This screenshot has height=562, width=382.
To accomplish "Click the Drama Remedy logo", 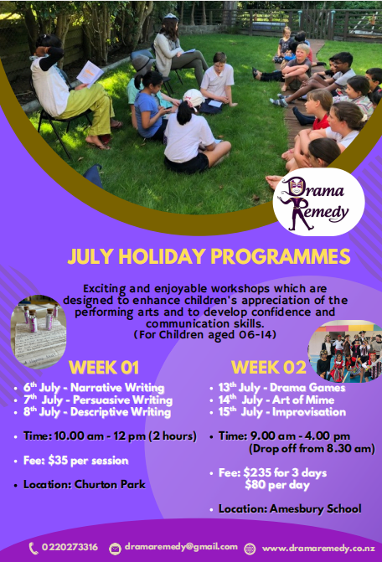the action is (x=318, y=202).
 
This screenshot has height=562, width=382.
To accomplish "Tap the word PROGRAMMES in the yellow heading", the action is (x=281, y=256).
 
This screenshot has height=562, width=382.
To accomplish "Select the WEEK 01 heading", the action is (x=104, y=368).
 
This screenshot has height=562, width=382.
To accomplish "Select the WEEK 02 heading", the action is (x=269, y=368).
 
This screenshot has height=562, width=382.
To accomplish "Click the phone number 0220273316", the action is (x=70, y=547).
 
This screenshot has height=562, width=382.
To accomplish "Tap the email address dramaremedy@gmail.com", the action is (x=181, y=547).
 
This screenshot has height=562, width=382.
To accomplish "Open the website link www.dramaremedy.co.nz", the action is (x=318, y=549).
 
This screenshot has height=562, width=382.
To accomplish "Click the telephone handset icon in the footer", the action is (x=34, y=549).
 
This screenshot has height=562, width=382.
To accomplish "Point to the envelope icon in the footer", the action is (x=115, y=549).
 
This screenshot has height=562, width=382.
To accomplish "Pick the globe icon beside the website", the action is (x=250, y=549).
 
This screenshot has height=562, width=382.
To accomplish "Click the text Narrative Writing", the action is (x=117, y=388).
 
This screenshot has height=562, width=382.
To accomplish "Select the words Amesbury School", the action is (x=315, y=509).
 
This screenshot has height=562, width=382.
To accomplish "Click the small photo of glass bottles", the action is (x=39, y=333).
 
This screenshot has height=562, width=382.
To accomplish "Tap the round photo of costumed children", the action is (x=345, y=351).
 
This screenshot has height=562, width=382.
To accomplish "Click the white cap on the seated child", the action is (x=194, y=97).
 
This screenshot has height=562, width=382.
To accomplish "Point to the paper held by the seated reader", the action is (x=90, y=74).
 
